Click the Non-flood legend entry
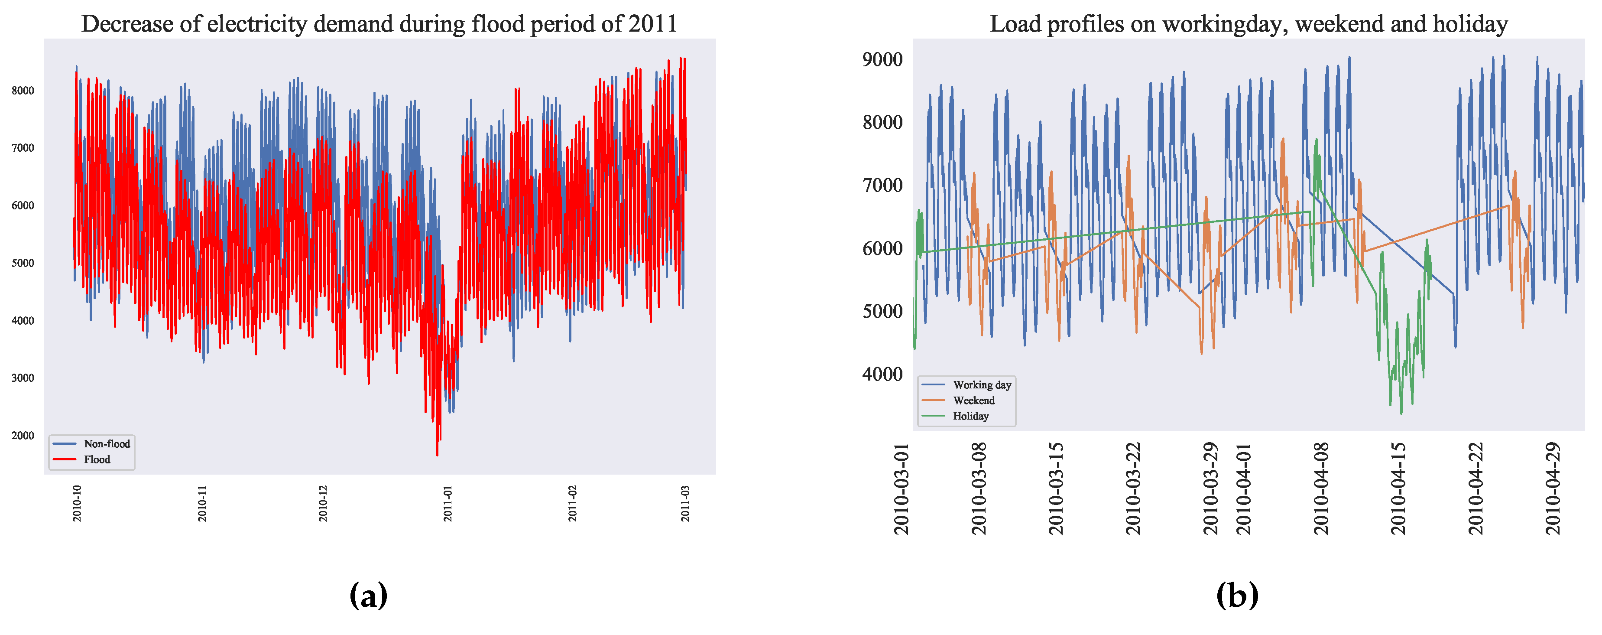(x=106, y=443)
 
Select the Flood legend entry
(x=97, y=459)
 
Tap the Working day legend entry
(x=981, y=385)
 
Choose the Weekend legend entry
(x=973, y=401)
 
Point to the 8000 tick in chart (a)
(x=23, y=91)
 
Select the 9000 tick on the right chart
(x=882, y=60)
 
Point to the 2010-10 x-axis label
(x=77, y=503)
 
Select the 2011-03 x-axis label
(x=685, y=503)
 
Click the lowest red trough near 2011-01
(x=437, y=455)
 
